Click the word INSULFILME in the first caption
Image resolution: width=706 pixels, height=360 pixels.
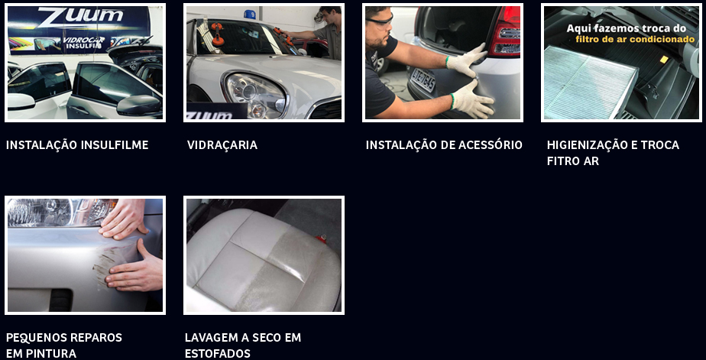[115, 145]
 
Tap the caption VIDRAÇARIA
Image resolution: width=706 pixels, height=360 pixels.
[222, 145]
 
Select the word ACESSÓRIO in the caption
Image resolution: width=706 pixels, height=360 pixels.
[490, 145]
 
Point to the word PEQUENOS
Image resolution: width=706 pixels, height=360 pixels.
[34, 338]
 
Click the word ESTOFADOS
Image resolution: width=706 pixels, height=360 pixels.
[218, 353]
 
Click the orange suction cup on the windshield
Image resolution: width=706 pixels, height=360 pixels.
[218, 34]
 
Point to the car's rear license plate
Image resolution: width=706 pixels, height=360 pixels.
[423, 80]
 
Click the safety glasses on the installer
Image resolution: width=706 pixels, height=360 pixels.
[380, 20]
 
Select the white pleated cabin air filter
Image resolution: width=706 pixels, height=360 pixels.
[590, 81]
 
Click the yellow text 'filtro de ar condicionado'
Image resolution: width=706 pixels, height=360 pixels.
[635, 40]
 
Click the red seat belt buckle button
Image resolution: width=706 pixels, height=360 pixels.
[321, 237]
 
